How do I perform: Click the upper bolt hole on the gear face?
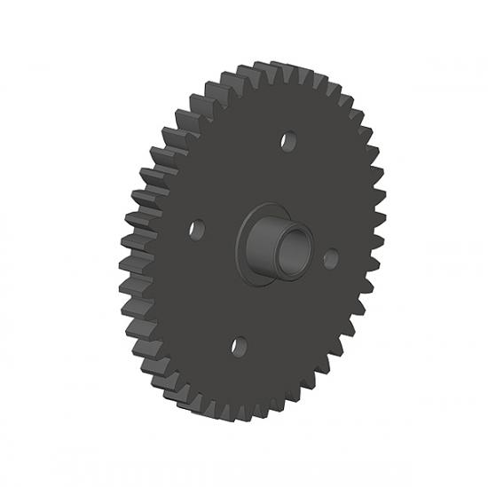click(287, 140)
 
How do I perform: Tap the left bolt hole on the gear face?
click(197, 229)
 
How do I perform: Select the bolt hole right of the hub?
click(331, 258)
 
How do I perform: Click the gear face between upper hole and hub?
click(279, 177)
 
